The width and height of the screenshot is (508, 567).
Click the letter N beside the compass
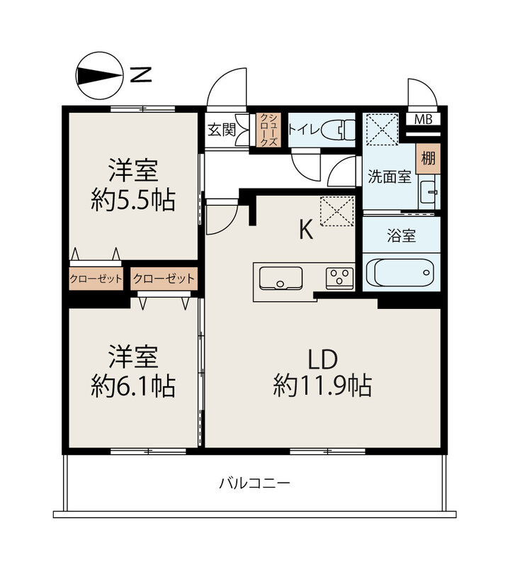pos(141,75)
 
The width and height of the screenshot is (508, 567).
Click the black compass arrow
pos(98,76)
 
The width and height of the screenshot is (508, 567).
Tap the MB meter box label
pos(423,119)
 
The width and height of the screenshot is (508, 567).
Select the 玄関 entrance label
pos(222,130)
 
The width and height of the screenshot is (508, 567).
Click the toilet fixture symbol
pos(338,130)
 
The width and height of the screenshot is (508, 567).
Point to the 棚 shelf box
pos(428,158)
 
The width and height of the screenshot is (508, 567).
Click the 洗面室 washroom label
pos(390,176)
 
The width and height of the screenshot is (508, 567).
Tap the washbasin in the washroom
pos(429,192)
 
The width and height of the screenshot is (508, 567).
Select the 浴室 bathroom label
pos(401,235)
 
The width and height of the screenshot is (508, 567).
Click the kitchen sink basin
pos(281,278)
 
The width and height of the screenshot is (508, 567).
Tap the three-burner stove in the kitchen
pos(339,278)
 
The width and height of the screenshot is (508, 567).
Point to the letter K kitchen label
pos(306,230)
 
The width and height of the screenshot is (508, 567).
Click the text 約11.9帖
pos(322,386)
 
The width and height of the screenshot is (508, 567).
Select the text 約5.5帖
pos(133,200)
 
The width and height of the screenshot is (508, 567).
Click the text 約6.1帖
pos(133,386)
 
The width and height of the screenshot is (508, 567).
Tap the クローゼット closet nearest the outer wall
pos(96,279)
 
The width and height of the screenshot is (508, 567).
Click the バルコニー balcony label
pos(254,483)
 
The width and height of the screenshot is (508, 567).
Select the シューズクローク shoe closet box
pos(269,130)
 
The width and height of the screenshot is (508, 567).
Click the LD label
pos(322,359)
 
